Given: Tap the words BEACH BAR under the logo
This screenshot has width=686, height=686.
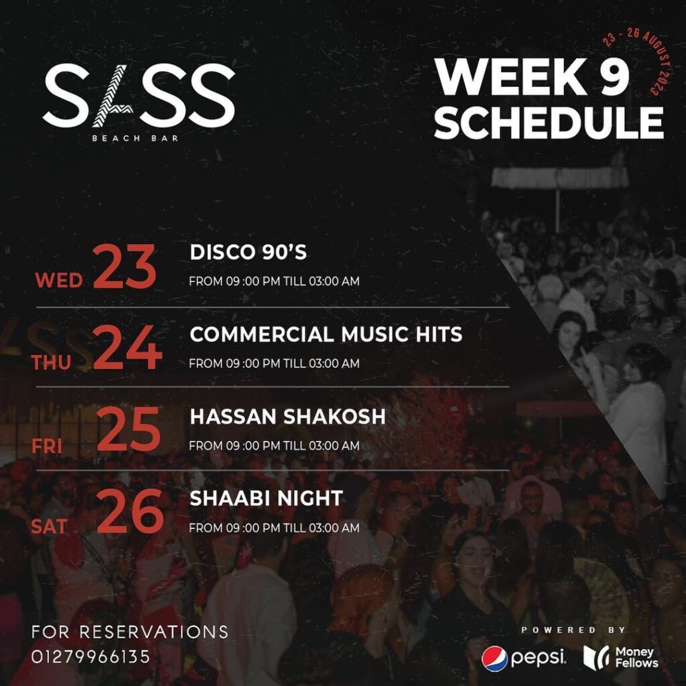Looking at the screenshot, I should tap(139, 138).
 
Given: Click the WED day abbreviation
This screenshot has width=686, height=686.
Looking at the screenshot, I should tap(58, 279).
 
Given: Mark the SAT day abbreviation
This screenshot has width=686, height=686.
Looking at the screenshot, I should tap(49, 527).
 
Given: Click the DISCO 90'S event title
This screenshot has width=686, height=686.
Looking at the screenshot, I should tap(249, 253).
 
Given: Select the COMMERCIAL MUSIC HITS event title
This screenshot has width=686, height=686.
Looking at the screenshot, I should tap(326, 334).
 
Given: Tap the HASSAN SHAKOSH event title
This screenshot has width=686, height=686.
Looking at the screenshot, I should tap(287, 417).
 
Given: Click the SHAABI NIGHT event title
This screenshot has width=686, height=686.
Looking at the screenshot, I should tap(266, 498).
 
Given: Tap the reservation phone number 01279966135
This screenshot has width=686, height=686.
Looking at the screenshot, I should tap(90, 657).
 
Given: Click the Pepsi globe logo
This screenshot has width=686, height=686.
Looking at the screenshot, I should tap(494, 659).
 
